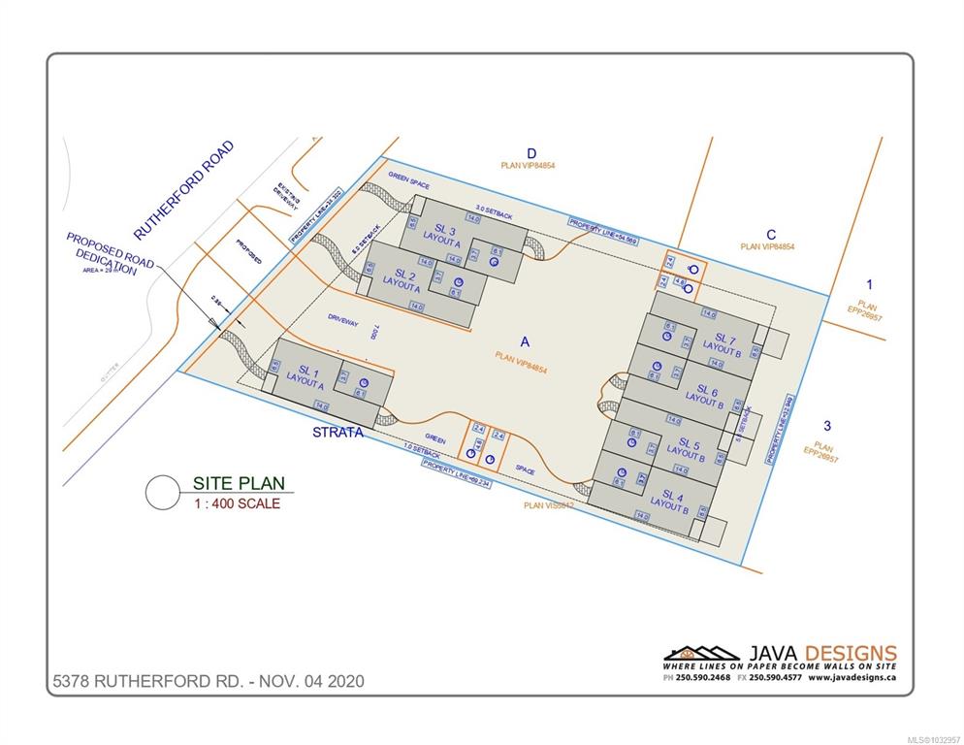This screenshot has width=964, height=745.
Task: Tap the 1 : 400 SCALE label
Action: (238, 503)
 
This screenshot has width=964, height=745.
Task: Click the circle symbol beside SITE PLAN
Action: (163, 492)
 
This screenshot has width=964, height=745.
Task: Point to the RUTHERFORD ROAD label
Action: (184, 190)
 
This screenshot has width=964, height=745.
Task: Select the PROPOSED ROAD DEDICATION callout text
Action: (109, 255)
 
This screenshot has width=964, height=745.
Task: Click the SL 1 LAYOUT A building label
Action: (307, 376)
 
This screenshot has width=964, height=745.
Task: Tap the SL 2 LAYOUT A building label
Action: (402, 281)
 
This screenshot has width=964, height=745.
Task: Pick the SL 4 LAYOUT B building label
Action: (669, 500)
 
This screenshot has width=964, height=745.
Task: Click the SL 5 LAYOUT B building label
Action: (685, 447)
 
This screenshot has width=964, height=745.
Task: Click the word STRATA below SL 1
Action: (337, 433)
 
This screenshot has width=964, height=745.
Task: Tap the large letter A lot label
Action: (525, 341)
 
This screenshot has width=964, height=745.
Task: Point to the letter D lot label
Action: (531, 153)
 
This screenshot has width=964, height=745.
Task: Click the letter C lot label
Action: (771, 234)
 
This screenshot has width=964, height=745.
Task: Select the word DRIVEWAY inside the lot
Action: (343, 317)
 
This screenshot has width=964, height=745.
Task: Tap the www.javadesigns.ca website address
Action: (852, 677)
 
